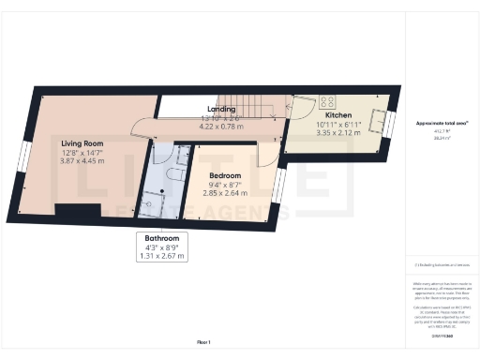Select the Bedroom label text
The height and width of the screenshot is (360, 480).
pyautogui.click(x=225, y=175)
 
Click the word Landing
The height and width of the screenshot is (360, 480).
pyautogui.click(x=221, y=109)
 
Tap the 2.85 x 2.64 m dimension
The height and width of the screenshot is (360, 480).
pyautogui.click(x=225, y=194)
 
